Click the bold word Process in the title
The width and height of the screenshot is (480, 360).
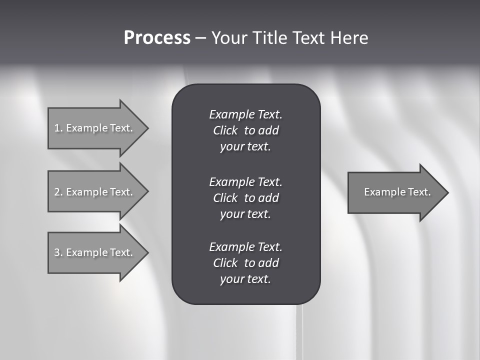[157, 38]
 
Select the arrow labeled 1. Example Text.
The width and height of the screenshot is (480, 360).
[95, 128]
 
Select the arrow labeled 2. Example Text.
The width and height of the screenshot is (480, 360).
[95, 192]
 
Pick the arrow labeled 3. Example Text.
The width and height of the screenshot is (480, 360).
[95, 252]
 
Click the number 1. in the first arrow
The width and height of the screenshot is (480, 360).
[58, 128]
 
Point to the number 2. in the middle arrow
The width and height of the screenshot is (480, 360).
[58, 192]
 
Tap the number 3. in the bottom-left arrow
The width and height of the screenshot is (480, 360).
[58, 252]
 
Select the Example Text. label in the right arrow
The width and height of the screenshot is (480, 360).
[397, 192]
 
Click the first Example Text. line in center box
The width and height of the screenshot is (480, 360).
[245, 114]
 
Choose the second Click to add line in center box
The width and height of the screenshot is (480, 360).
[245, 198]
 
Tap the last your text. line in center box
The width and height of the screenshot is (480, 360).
[245, 279]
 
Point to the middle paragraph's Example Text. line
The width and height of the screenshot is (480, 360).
[245, 181]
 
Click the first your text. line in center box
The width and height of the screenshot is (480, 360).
[245, 146]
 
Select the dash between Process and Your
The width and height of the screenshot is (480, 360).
[200, 38]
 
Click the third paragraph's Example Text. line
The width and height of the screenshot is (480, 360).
[245, 247]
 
